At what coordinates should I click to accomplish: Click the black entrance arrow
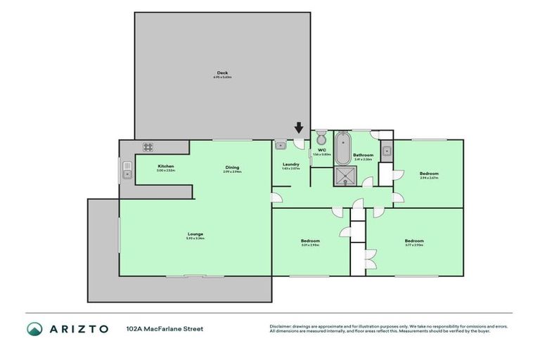pyautogui.click(x=299, y=128)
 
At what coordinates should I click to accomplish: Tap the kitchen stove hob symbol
pyautogui.click(x=148, y=147)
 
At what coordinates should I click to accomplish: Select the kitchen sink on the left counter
pyautogui.click(x=127, y=169)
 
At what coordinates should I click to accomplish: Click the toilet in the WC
pyautogui.click(x=321, y=136)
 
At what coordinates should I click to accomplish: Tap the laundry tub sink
pyautogui.click(x=280, y=146)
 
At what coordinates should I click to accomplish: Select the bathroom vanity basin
pyautogui.click(x=387, y=150)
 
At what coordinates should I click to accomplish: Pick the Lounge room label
pyautogui.click(x=195, y=233)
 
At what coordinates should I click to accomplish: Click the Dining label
pyautogui.click(x=232, y=167)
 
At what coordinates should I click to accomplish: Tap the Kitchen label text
pyautogui.click(x=165, y=166)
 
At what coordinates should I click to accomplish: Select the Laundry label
pyautogui.click(x=290, y=165)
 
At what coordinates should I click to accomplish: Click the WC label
pyautogui.click(x=321, y=150)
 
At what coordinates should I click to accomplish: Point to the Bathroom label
pyautogui.click(x=363, y=155)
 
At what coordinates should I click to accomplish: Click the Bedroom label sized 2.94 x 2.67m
pyautogui.click(x=429, y=174)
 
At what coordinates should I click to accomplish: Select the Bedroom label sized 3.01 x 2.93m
pyautogui.click(x=310, y=241)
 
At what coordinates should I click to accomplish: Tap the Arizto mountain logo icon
pyautogui.click(x=35, y=329)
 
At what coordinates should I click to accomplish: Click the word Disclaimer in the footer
pyautogui.click(x=281, y=326)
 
